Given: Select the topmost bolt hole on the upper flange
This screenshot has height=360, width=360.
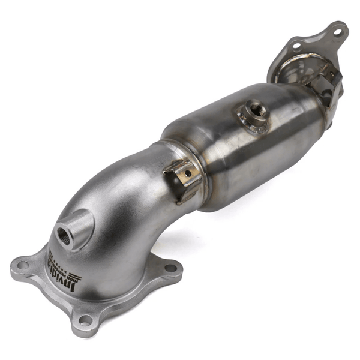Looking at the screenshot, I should (x=336, y=28).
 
